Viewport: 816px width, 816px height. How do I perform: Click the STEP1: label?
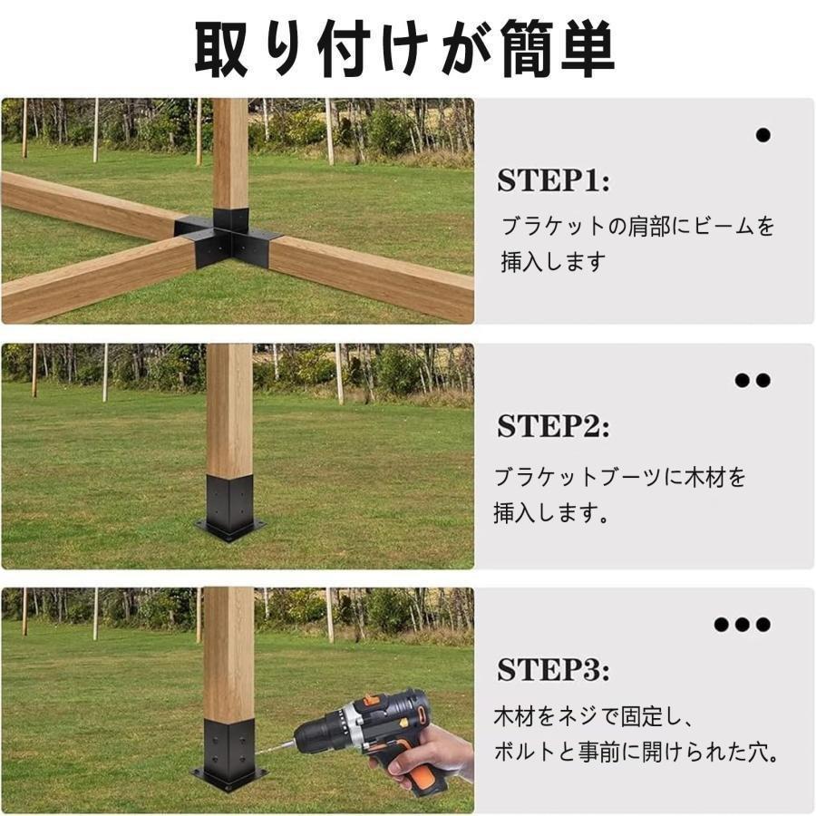(x=553, y=180)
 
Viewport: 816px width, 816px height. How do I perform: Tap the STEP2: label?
(x=553, y=426)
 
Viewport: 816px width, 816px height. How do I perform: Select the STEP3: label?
(x=553, y=669)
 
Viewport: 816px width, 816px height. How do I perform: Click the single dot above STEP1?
(x=763, y=135)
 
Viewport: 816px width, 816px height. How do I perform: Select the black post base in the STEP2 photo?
(x=230, y=508)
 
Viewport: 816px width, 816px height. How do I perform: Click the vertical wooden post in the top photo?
(x=230, y=153)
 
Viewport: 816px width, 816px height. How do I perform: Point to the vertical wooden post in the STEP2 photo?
(x=229, y=410)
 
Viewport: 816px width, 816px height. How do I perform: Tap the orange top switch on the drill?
(x=372, y=698)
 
